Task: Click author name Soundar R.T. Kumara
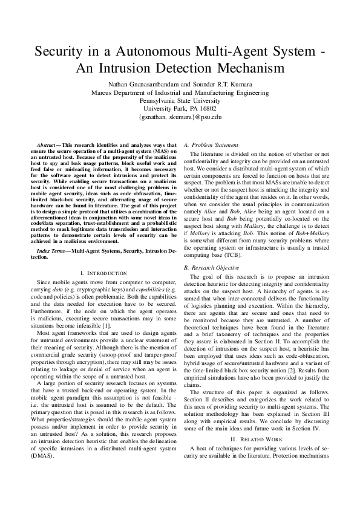[233, 84]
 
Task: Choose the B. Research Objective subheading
[213, 267]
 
